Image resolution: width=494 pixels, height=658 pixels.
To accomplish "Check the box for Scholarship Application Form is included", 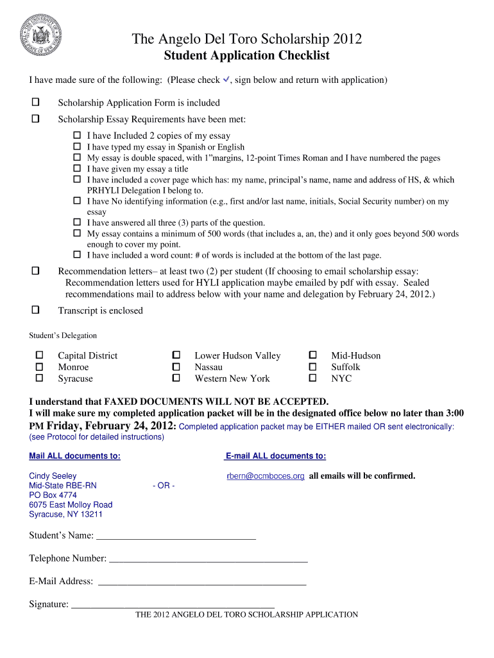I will pos(36,102).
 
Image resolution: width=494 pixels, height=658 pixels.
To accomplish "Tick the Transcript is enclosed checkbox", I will pos(36,310).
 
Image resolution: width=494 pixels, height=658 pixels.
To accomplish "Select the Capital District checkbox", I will pos(40,355).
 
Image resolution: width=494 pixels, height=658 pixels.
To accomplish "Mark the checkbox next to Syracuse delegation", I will pos(40,378).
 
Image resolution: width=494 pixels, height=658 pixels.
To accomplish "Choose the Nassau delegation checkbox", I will pos(176,366).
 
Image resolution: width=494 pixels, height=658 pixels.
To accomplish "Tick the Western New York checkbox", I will pos(176,378).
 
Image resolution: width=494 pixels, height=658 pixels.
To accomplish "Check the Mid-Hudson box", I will pos(313,355).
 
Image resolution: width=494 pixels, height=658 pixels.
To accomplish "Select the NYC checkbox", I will pos(313,378).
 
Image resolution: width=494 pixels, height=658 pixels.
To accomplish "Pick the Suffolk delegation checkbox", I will pos(313,366).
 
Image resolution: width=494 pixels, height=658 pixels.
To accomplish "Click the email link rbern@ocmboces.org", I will pos(266,476).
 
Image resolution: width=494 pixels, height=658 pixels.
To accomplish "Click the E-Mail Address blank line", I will pos(201,583).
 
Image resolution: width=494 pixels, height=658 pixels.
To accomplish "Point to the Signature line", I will pos(173,605).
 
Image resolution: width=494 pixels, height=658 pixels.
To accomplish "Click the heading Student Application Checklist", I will pos(246,55).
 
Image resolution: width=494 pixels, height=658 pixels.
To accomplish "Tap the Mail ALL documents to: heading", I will pos(74,456).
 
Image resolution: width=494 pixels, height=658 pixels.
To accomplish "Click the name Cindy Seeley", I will pos(53,476).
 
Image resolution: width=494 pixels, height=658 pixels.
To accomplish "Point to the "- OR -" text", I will pos(164,486).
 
